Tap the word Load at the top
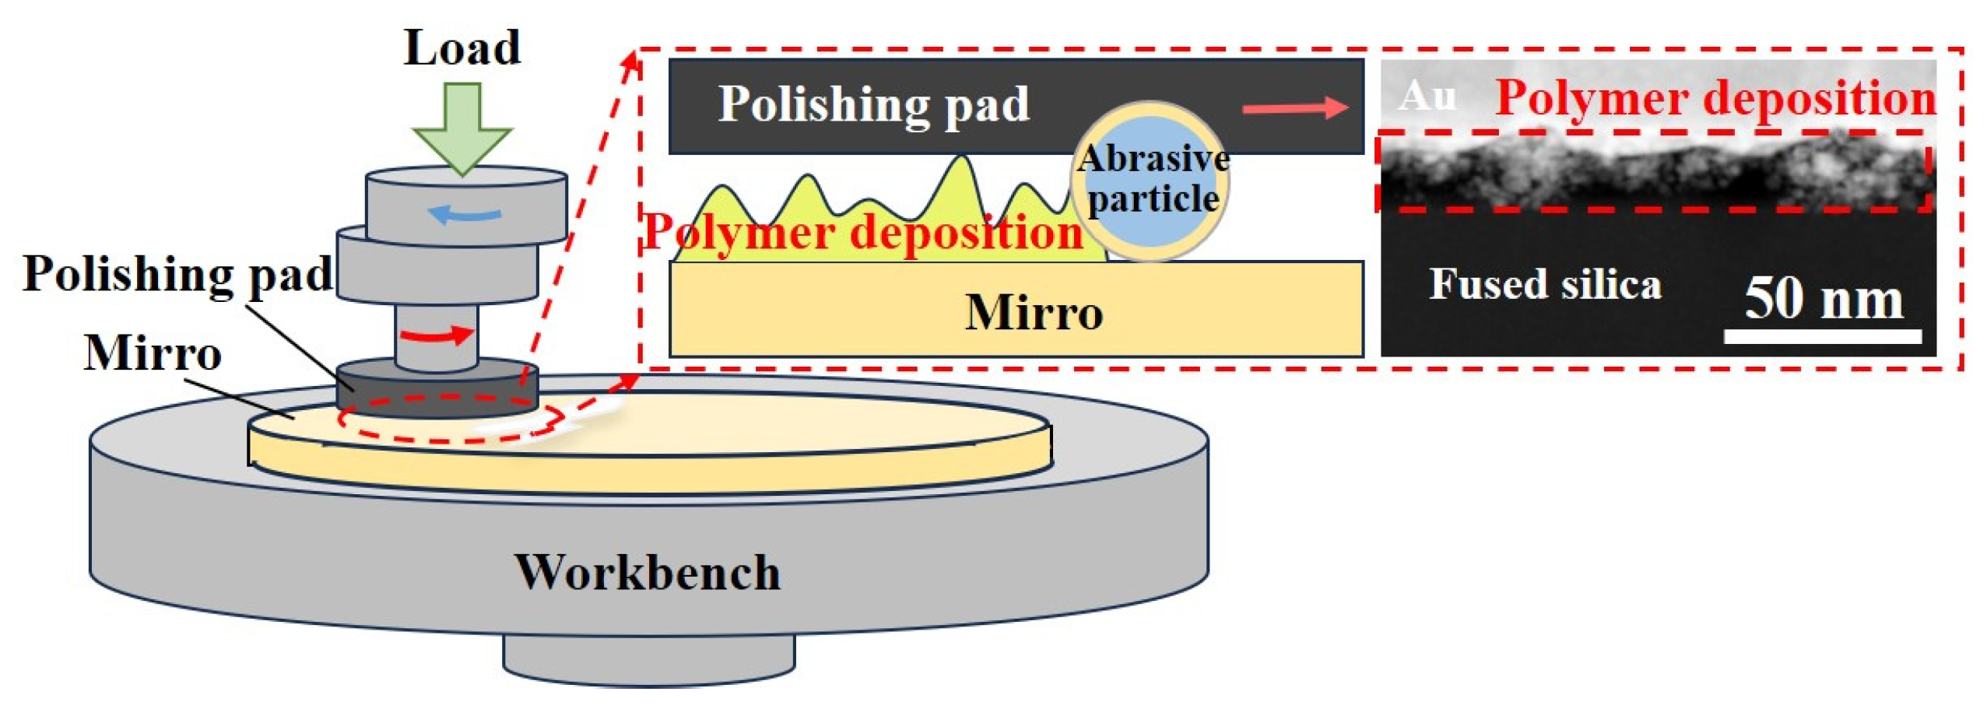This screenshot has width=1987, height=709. click(462, 48)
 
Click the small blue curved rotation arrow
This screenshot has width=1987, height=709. click(466, 212)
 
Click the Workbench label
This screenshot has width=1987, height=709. click(648, 573)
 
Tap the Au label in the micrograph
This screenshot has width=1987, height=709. click(1427, 97)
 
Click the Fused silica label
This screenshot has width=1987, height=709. click(1545, 283)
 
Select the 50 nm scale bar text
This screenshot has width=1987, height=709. click(1823, 299)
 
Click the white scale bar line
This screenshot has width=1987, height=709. click(1823, 336)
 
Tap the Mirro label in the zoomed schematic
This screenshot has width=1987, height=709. click(1034, 313)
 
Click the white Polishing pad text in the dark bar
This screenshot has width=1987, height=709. click(873, 104)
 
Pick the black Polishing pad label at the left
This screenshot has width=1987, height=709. click(177, 274)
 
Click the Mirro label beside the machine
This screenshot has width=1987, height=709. click(153, 353)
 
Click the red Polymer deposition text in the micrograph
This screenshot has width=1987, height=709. click(1715, 99)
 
